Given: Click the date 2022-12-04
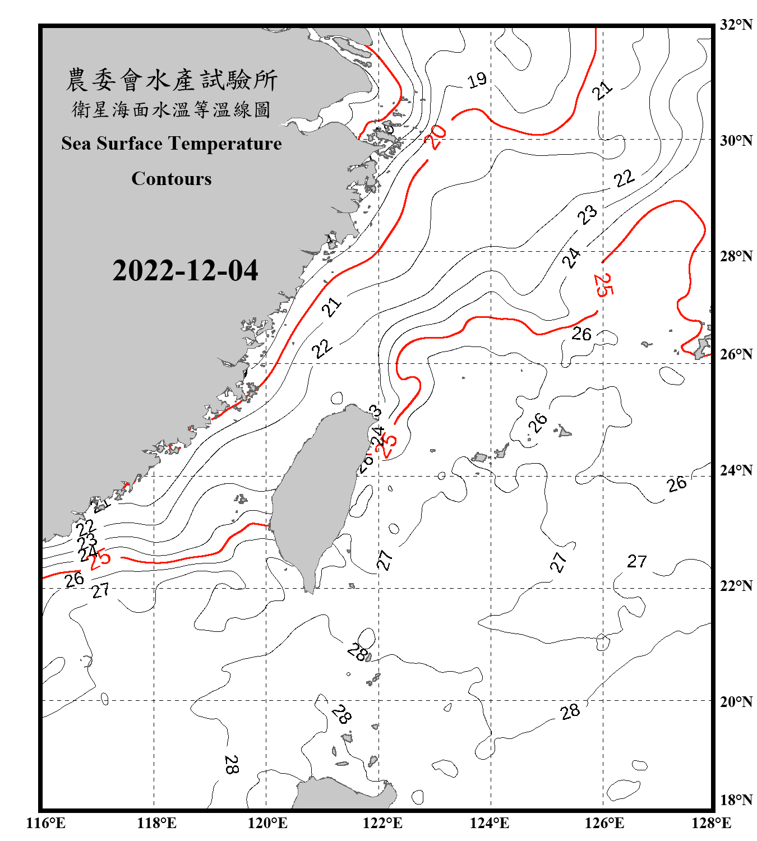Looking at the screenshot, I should tap(185, 270).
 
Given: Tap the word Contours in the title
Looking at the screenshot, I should tap(172, 179).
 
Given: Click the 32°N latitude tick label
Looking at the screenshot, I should tap(736, 25).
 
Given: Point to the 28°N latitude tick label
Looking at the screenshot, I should tap(736, 256).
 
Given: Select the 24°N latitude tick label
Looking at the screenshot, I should tap(736, 470).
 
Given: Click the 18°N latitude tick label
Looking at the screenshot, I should tap(736, 800).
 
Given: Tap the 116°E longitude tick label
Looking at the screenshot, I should tap(46, 823).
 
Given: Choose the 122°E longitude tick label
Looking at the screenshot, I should tap(382, 823).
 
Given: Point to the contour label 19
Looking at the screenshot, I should tap(477, 80).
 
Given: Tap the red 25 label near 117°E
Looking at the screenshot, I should tap(100, 559).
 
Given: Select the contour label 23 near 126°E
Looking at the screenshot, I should tap(588, 214).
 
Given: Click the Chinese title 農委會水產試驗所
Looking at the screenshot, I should tap(172, 80).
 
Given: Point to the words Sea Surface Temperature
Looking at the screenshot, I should tap(172, 144).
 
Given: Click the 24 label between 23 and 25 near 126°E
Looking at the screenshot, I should tap(571, 257).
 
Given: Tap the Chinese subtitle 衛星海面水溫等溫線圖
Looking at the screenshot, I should tap(172, 109).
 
